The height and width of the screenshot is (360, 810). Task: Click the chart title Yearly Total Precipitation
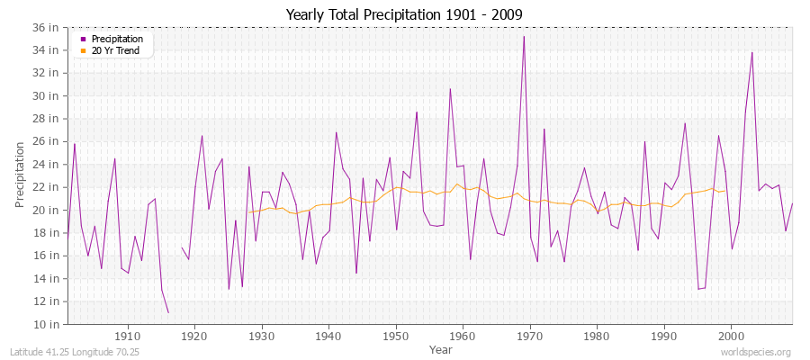pos(404,15)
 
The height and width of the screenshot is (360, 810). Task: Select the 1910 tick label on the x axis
pos(128,336)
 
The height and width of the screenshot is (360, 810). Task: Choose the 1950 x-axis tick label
pos(396,336)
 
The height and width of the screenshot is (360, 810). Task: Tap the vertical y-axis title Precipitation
pos(20,175)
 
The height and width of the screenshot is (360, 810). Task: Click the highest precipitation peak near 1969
pos(524,37)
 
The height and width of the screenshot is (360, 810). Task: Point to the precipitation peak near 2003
pos(751,52)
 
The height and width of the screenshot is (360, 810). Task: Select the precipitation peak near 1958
pos(450,88)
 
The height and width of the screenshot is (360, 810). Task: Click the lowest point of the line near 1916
pos(168,312)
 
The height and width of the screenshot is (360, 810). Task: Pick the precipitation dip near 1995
pos(698,289)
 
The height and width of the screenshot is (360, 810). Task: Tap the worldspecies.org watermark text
pos(757,352)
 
